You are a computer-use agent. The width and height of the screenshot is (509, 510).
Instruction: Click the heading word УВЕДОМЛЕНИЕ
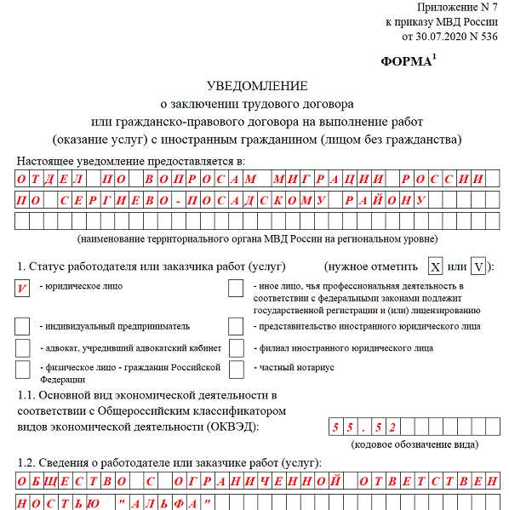click(257, 86)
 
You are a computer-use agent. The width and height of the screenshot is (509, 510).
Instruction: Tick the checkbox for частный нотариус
click(236, 369)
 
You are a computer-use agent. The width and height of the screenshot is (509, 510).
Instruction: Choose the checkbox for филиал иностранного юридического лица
click(236, 348)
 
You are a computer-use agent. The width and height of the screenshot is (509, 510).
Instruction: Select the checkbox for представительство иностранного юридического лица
click(236, 326)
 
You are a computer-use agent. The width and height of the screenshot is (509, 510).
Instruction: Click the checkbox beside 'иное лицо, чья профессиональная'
click(236, 289)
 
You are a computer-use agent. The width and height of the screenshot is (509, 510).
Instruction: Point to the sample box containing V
click(479, 267)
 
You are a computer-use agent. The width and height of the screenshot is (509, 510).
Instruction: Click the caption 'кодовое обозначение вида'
click(413, 444)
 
